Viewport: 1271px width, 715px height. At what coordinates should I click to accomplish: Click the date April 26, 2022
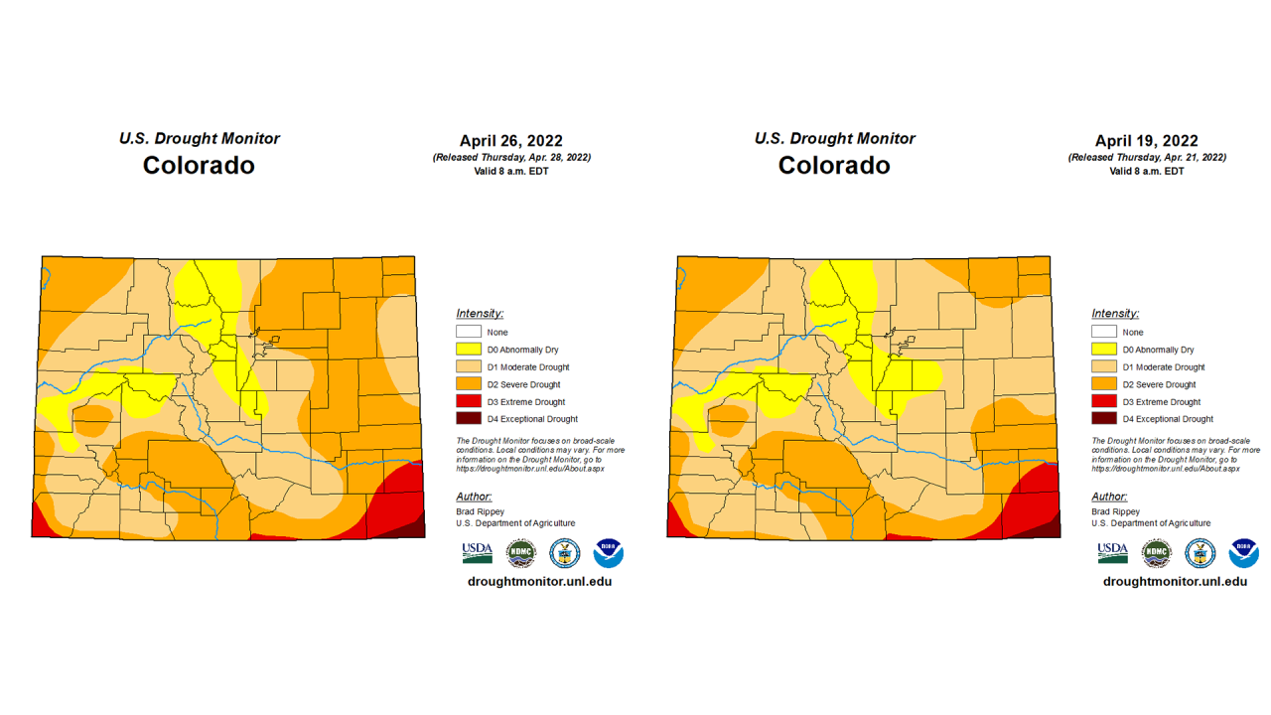tap(510, 141)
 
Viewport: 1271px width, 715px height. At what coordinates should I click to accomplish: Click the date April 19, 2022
tap(1146, 141)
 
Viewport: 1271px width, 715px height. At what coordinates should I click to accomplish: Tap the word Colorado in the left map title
tap(199, 165)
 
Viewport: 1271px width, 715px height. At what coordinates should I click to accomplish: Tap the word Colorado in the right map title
tap(834, 165)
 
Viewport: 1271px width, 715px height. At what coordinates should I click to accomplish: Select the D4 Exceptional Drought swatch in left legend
tap(469, 419)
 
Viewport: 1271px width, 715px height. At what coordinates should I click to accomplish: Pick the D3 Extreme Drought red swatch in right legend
tap(1104, 401)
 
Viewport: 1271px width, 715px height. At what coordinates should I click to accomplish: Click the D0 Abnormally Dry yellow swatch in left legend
tap(469, 350)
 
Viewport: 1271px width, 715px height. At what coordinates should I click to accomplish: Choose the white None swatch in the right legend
tap(1104, 332)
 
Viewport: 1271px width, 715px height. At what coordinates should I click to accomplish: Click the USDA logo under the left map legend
tap(477, 553)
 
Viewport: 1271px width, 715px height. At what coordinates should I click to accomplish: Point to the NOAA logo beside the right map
tap(1243, 553)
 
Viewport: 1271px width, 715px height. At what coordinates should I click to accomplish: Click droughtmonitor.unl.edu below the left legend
tap(539, 581)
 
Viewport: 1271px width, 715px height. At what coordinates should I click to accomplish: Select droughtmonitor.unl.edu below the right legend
tap(1175, 581)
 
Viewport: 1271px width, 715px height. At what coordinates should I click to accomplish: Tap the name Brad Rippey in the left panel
tap(480, 511)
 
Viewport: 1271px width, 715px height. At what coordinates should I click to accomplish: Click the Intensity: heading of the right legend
tap(1115, 314)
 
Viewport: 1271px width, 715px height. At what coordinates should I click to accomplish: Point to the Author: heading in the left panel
tap(474, 497)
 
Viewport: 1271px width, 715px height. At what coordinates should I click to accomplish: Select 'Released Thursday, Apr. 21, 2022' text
tap(1147, 157)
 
